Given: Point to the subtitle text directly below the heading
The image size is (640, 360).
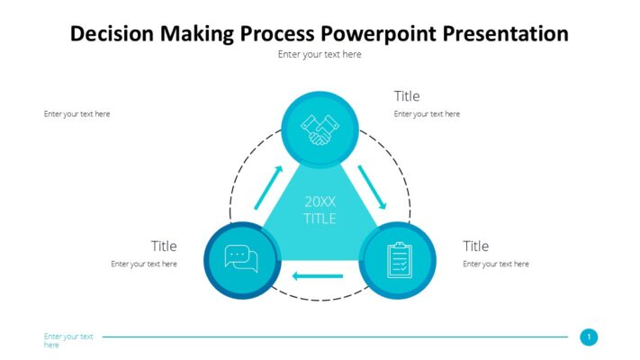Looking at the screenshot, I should (x=320, y=54).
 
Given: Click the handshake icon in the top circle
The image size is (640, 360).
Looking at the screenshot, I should (x=320, y=129).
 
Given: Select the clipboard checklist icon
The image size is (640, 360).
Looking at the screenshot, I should (x=398, y=260).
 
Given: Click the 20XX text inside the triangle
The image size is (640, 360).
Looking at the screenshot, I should (x=320, y=201).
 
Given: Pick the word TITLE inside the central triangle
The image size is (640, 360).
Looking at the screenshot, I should (x=320, y=218).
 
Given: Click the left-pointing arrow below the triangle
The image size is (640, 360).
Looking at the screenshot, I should (x=318, y=275).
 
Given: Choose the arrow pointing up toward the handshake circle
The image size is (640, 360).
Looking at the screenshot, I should (x=268, y=185).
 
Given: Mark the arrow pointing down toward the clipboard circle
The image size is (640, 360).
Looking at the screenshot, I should (x=372, y=185).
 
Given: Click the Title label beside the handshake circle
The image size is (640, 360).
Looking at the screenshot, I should (x=407, y=96).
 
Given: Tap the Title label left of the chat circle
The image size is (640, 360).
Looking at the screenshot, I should (x=164, y=246).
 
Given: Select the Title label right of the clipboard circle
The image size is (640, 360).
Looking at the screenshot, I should (x=475, y=246).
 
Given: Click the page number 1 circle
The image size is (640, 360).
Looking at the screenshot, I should (x=589, y=337).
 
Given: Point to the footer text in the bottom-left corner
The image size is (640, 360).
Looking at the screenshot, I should (x=68, y=340).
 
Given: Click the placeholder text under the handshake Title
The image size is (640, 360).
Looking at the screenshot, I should (x=427, y=114).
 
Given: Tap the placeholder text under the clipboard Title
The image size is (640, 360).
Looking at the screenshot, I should (x=496, y=264).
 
